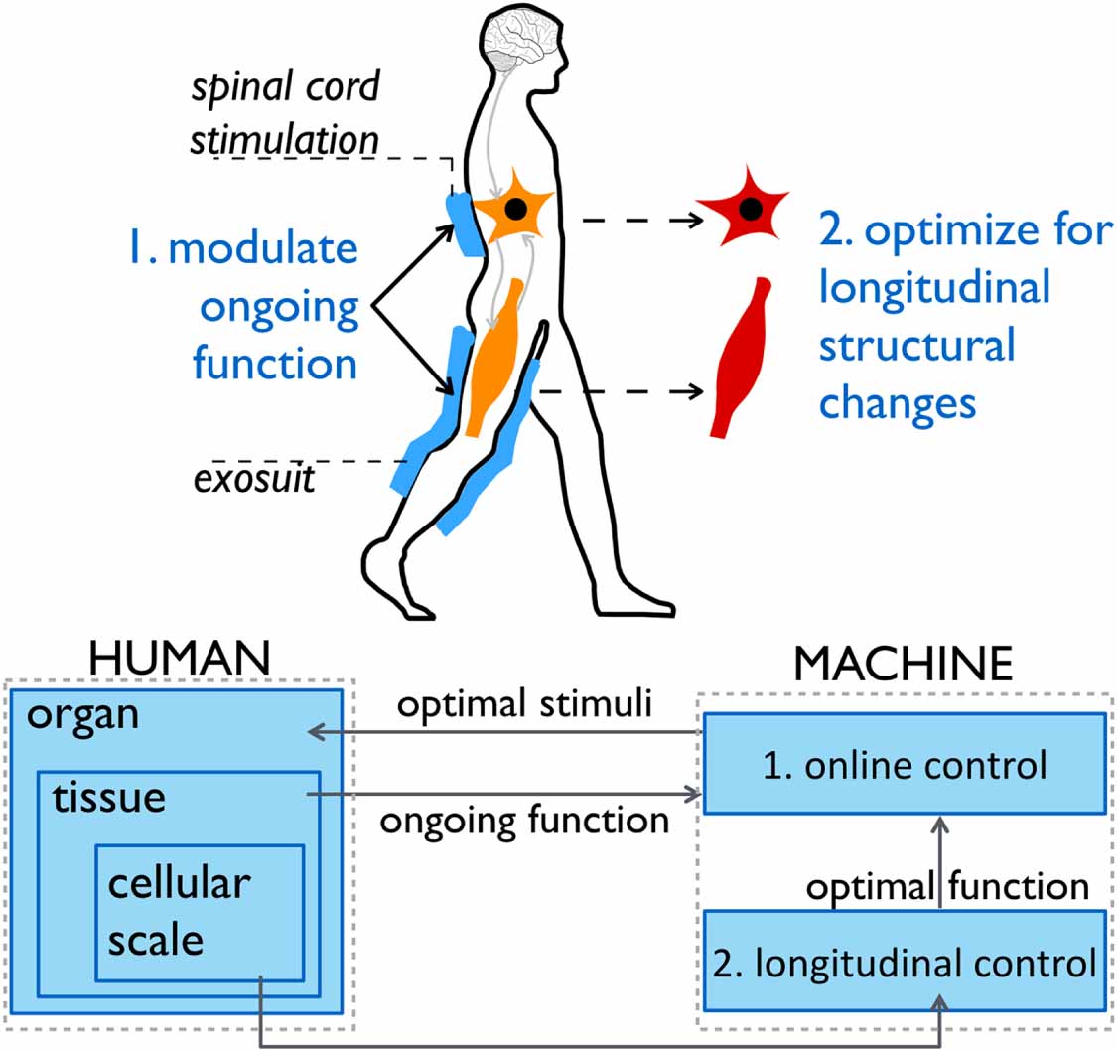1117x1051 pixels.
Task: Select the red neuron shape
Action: pyautogui.click(x=748, y=210)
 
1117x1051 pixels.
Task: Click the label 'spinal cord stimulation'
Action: pyautogui.click(x=284, y=115)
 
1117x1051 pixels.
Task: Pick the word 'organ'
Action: pyautogui.click(x=83, y=714)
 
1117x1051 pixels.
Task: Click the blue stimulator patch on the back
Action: pyautogui.click(x=464, y=225)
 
